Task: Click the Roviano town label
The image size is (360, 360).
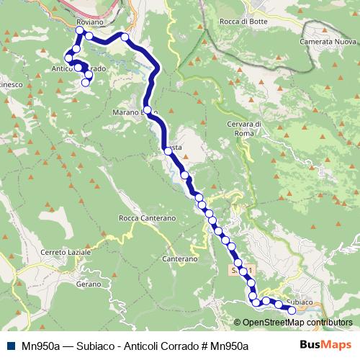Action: pos(90,22)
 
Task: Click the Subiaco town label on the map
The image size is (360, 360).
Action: pos(298,302)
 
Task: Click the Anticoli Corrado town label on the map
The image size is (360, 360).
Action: pos(79,69)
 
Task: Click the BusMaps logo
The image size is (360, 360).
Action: pos(327,346)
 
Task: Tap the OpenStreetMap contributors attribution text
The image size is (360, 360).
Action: pos(297,323)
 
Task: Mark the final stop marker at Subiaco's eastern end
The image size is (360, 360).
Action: pos(292,310)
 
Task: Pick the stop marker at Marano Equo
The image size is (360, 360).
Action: pos(147,110)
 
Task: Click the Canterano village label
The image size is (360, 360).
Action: pos(180,258)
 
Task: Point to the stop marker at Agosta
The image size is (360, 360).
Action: pos(167,150)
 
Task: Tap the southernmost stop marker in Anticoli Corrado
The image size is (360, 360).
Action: pos(86,83)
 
